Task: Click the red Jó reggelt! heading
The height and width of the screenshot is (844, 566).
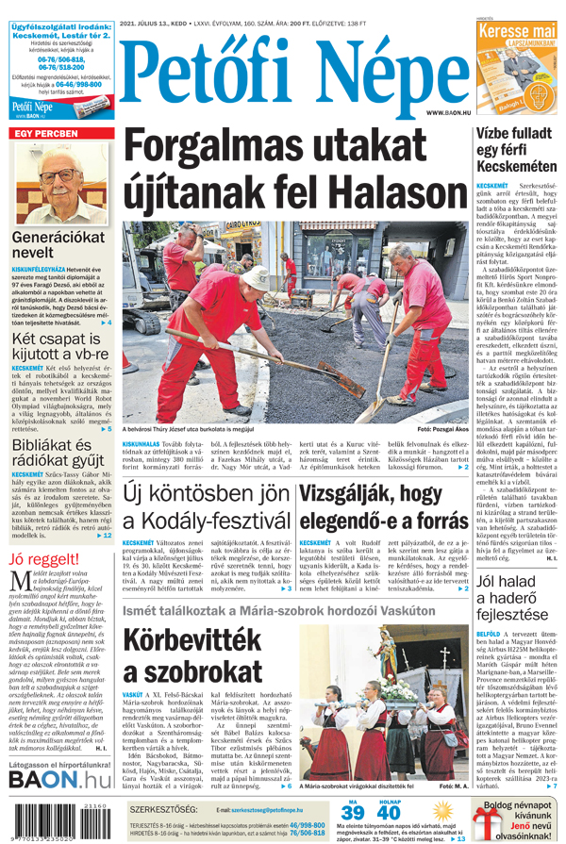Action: [46, 558]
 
